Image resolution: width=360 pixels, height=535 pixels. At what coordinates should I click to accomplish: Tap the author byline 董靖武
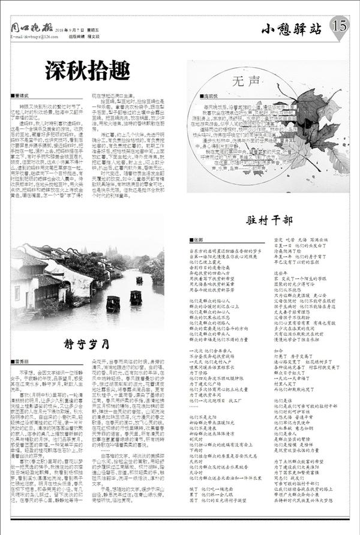coord(22,95)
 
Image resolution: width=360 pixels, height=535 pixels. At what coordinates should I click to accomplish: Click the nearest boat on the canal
coord(113,303)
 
